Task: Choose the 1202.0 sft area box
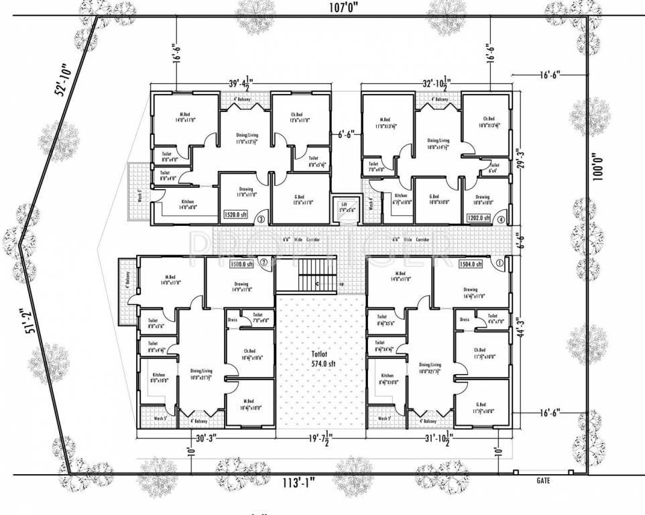pyautogui.click(x=479, y=218)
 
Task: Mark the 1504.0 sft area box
pyautogui.click(x=471, y=264)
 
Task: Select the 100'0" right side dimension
pyautogui.click(x=599, y=166)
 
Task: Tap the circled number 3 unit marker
pyautogui.click(x=261, y=217)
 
